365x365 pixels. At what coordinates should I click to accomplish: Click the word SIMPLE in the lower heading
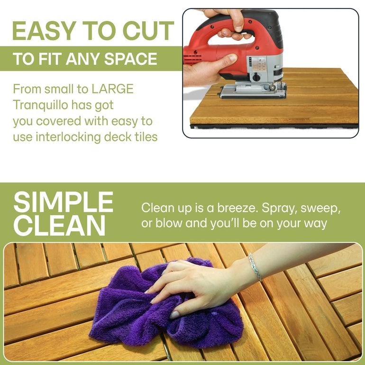[x=63, y=203]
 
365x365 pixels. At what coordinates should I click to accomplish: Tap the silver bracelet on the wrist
[x=255, y=267]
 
